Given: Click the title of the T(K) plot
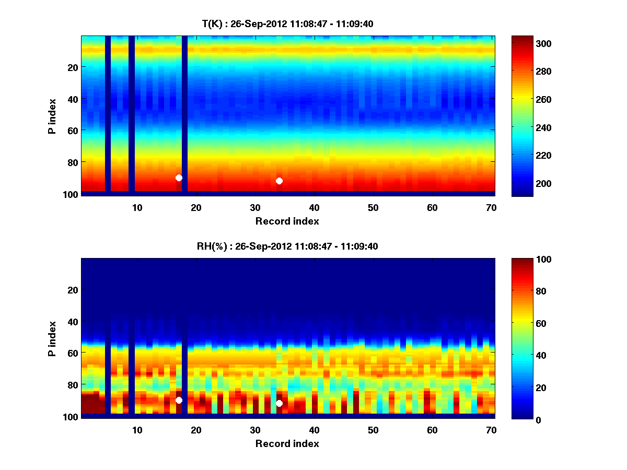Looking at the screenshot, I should pos(287,23).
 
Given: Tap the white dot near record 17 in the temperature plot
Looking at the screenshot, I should pos(179,178).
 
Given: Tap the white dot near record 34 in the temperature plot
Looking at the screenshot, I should pos(279,181).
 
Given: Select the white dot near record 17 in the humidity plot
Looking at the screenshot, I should pos(179,400).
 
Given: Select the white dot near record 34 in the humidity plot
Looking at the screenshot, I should pos(279,403).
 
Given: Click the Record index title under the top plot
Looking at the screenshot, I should pos(287,221).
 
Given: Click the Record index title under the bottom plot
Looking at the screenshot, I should pos(287,443).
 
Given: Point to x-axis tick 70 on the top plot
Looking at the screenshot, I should pos(491,207).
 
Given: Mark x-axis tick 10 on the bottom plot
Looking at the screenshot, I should pos(137,430).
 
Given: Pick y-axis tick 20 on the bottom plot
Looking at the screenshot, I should pos(73,290).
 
